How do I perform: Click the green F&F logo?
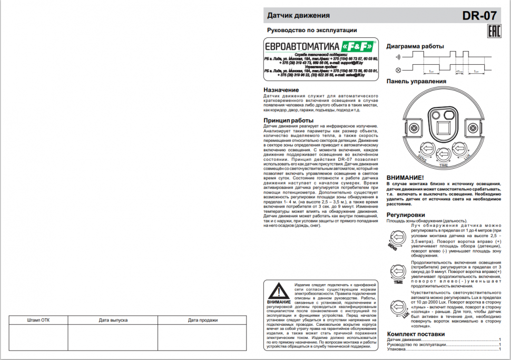(x=358, y=45)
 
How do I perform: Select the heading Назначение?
(x=281, y=90)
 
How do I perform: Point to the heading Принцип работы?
(x=288, y=120)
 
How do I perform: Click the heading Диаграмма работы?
(x=415, y=46)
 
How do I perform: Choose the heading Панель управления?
(x=416, y=81)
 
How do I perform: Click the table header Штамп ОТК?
(x=38, y=320)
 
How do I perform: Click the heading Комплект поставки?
(x=416, y=334)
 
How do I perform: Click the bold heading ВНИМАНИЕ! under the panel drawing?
(x=405, y=178)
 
